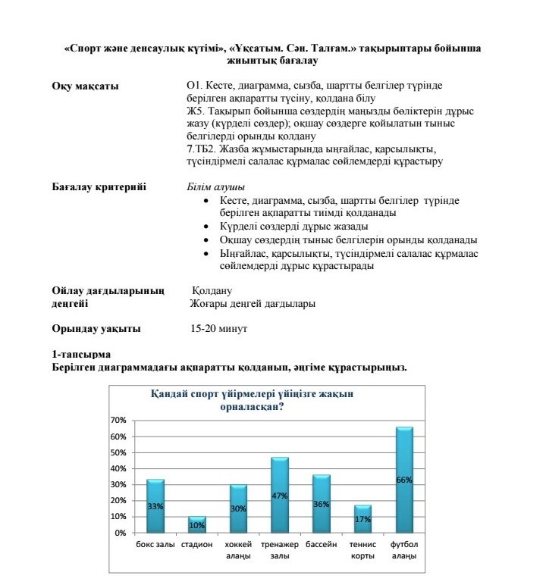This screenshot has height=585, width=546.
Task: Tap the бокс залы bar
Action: [155, 505]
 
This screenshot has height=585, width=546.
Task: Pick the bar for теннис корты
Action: [362, 519]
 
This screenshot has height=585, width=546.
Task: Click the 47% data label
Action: [280, 496]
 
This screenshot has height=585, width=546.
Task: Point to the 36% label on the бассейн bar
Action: [321, 504]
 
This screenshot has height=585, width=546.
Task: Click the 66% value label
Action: [404, 480]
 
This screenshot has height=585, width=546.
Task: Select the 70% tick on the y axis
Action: [118, 420]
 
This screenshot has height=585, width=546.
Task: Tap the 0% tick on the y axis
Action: [120, 533]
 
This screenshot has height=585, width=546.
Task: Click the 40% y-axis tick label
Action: [118, 468]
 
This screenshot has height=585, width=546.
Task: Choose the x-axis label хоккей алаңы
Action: [238, 551]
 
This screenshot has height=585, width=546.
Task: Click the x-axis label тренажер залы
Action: [280, 551]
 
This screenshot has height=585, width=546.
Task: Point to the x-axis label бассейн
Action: [322, 545]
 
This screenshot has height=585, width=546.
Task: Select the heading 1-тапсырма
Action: [81, 355]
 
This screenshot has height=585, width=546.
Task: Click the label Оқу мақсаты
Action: [85, 86]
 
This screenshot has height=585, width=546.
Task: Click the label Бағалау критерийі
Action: [99, 187]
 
